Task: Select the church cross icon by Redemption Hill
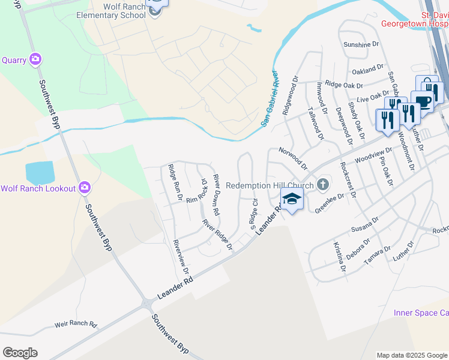coord(323,184)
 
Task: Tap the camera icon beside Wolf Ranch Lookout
coord(85,188)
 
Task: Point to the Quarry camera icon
coord(35,59)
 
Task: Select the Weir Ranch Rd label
coord(76,324)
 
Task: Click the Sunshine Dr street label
coord(362,44)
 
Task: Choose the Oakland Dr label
coord(368,69)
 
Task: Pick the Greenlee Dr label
coord(330,203)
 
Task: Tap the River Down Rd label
coord(217,195)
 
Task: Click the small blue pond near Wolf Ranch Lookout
coord(40,173)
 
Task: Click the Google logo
coord(20,353)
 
